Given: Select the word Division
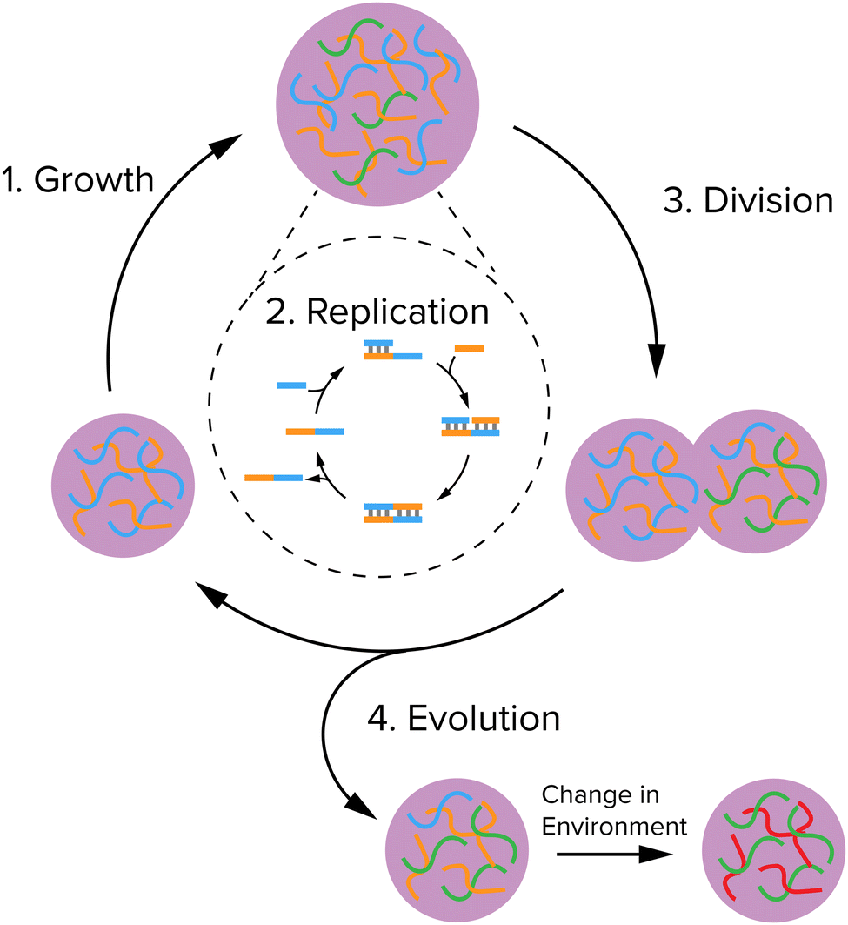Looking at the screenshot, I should click(x=767, y=201).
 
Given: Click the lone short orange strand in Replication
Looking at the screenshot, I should click(x=469, y=348).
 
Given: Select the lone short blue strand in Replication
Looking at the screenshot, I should click(x=291, y=385).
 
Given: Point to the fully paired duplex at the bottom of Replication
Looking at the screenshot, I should click(x=393, y=513).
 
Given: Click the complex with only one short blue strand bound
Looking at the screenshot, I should click(x=393, y=350).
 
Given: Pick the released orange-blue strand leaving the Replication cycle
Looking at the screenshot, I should click(x=273, y=477).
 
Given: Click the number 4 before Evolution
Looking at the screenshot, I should click(x=375, y=720).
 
